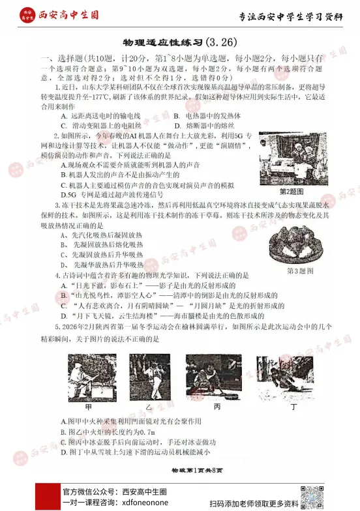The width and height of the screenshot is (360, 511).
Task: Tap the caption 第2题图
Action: pos(292,192)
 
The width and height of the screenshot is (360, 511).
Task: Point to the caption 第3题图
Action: pos(301,270)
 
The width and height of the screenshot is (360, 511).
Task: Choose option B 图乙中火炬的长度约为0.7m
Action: pos(108,431)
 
